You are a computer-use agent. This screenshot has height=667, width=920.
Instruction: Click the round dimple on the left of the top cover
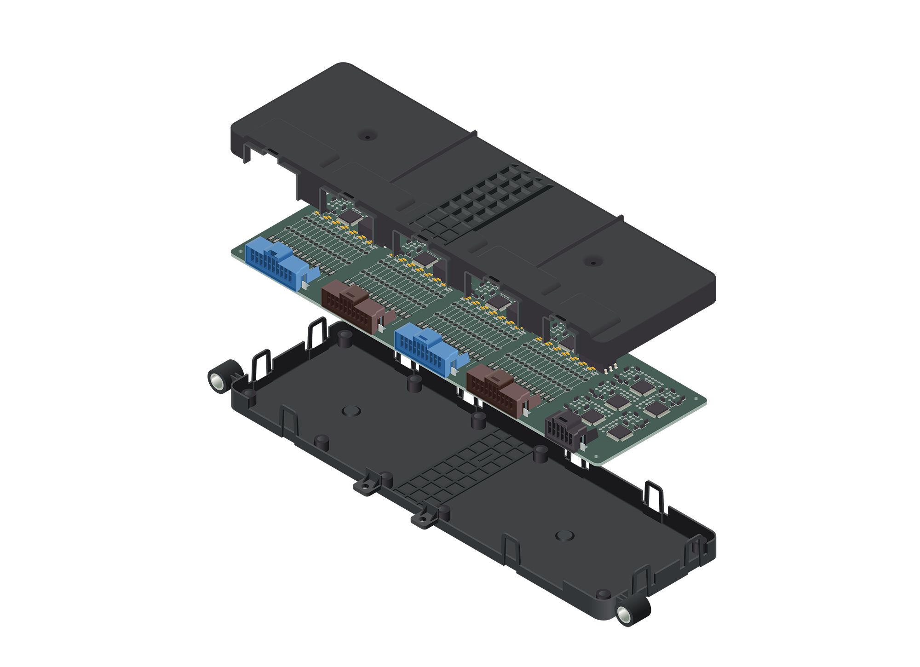coord(367,136)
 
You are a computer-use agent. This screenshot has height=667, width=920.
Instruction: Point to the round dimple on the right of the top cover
coord(592,262)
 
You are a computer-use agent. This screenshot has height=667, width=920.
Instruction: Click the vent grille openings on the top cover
coord(488,198)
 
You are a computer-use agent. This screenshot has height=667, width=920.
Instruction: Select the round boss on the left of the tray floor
coord(351,411)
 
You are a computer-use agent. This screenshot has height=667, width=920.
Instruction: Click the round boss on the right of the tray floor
coord(564,535)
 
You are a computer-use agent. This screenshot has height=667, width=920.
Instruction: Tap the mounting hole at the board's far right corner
coord(696,399)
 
